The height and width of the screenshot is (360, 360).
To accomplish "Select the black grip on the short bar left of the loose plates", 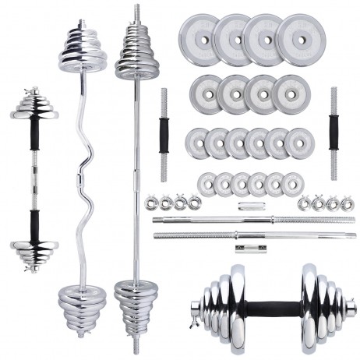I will click(x=165, y=132).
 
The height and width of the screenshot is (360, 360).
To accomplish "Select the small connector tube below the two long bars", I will click(x=245, y=249).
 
